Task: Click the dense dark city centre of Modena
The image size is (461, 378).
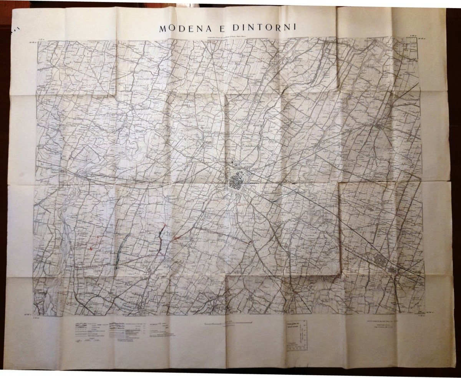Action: (x=235, y=181)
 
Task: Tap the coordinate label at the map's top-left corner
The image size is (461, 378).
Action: (x=32, y=42)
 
